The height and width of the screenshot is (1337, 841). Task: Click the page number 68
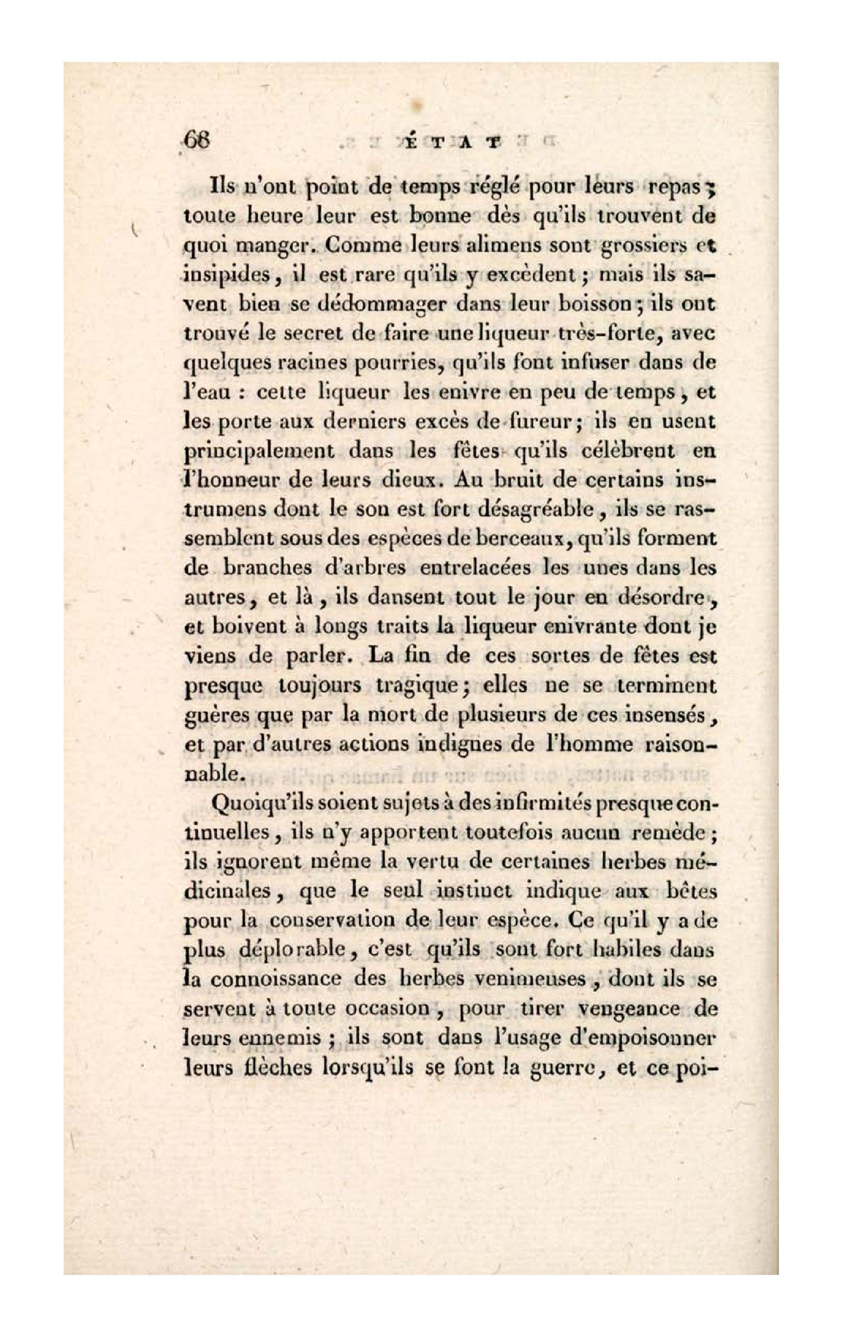(196, 141)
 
